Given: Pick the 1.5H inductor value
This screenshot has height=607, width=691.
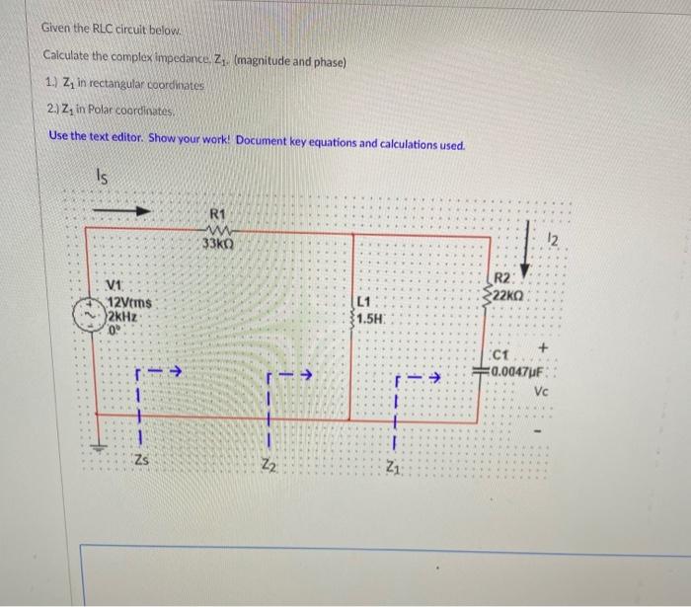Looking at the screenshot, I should [x=371, y=319].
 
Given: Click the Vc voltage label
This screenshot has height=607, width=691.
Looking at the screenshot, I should [x=541, y=390].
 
